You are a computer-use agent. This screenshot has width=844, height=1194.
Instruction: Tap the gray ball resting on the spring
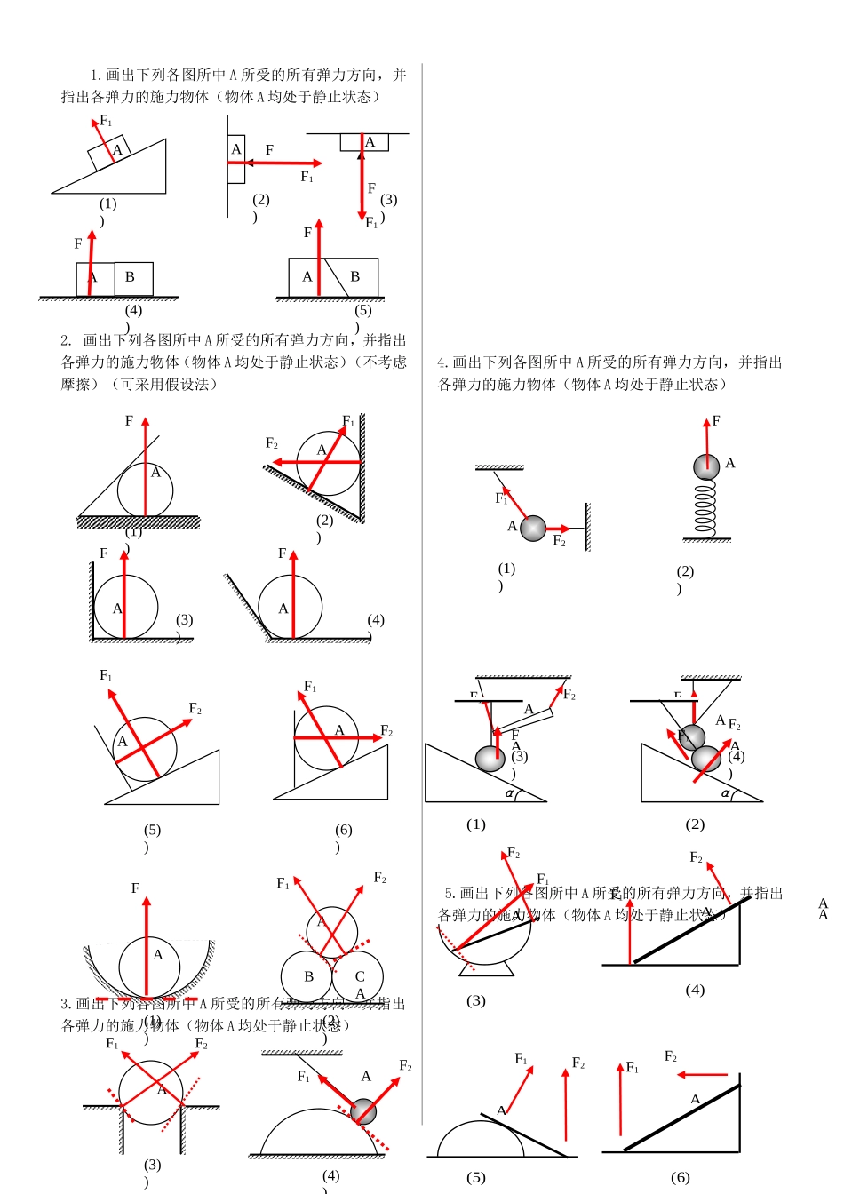point(706,466)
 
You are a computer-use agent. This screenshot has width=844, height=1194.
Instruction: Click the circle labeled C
point(357,976)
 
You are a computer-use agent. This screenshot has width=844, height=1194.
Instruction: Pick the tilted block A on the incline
point(110,153)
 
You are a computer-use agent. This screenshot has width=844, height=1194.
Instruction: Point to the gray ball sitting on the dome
point(363,1111)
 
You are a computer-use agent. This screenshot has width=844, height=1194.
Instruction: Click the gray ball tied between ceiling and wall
point(532,529)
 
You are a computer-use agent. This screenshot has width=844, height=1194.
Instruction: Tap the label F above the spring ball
point(716,421)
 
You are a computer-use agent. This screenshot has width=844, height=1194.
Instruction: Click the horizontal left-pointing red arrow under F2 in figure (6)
point(702,1075)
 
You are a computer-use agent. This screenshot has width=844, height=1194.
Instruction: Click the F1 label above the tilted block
point(106,121)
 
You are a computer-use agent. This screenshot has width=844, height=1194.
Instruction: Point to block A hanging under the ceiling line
point(364,142)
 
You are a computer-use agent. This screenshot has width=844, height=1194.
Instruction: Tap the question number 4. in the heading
point(443,362)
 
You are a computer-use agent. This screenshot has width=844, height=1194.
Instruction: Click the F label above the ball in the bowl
point(135,888)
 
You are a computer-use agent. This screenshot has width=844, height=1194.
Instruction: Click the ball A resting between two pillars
point(151,1092)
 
